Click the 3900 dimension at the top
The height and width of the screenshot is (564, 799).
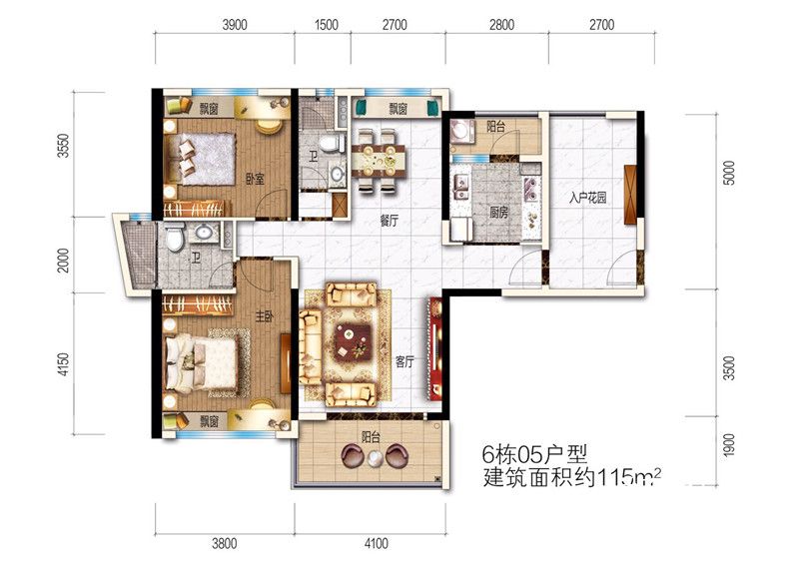click(x=235, y=24)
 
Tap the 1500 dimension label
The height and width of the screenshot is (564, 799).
click(x=327, y=24)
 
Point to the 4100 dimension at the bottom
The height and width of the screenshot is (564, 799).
click(x=377, y=544)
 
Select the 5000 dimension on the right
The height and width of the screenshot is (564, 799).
click(x=730, y=173)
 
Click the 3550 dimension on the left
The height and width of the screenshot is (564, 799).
click(x=63, y=145)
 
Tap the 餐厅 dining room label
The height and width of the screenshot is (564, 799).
click(x=390, y=221)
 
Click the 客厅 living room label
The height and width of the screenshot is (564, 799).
click(x=404, y=361)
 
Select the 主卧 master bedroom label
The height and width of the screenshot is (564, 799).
click(x=265, y=316)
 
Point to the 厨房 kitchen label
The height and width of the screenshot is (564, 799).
click(x=498, y=212)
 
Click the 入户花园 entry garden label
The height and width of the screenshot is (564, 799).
click(x=587, y=198)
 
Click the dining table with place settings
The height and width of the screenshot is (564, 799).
click(x=379, y=161)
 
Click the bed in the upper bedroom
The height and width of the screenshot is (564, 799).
click(x=202, y=159)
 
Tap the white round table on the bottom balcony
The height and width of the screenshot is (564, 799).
click(x=376, y=458)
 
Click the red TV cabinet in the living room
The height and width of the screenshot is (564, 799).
click(x=434, y=349)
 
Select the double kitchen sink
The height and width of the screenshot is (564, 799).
click(x=462, y=187)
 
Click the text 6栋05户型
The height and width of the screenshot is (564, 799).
click(x=534, y=453)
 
